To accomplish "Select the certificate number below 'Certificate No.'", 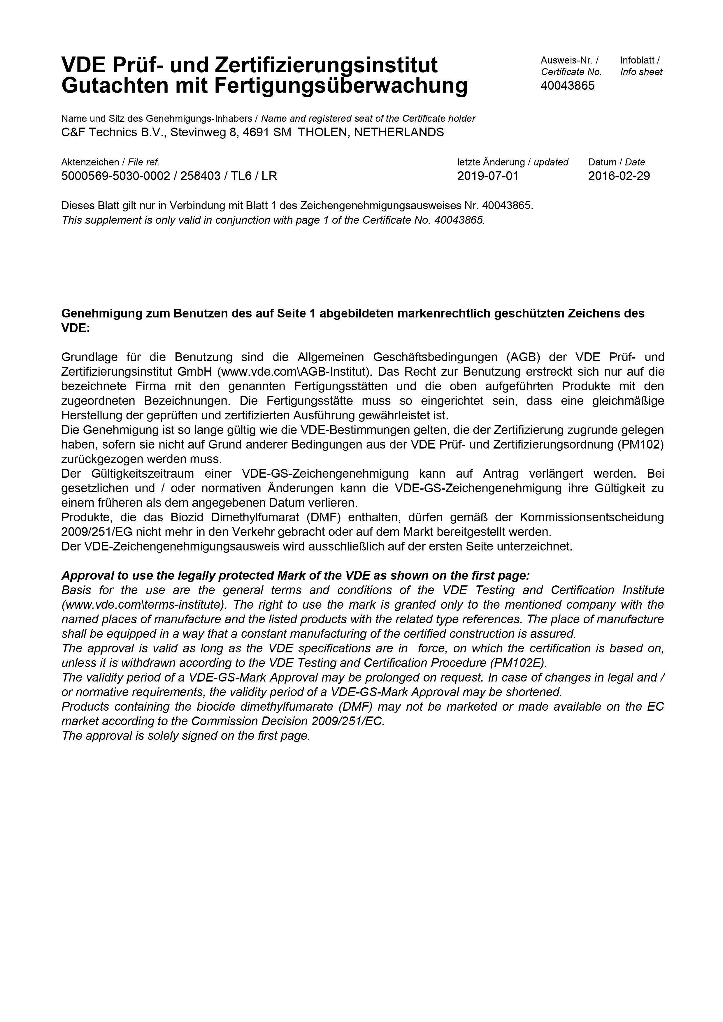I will coord(567,86).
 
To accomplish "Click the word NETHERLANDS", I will coord(399,132).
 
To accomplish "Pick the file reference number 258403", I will coord(201,176).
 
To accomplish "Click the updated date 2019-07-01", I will coord(488,176).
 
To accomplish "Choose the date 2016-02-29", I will coord(619,176).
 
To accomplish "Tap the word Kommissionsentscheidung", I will coord(592,517).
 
